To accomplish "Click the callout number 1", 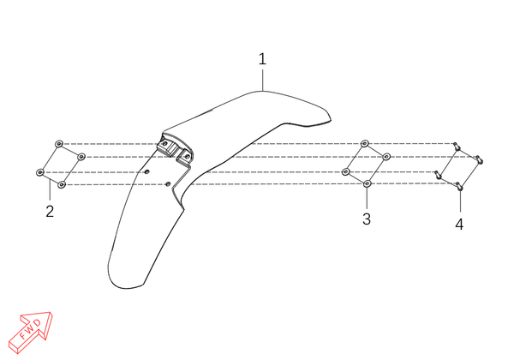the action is (262, 59).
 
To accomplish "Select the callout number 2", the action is (50, 212).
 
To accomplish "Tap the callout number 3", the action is (367, 219).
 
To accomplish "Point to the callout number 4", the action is (459, 225).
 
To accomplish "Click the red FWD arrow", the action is (31, 332).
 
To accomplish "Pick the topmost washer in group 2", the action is (59, 144).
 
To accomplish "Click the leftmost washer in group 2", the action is (40, 172).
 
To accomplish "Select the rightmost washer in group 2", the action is (81, 157).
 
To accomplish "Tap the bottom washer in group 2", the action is (62, 185).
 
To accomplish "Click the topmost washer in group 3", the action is (365, 143).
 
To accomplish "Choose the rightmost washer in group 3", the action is (386, 156).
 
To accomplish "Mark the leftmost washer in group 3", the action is (346, 171).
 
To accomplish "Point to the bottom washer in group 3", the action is (368, 183).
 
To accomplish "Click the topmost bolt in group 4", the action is (456, 146).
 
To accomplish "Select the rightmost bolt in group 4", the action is (479, 159).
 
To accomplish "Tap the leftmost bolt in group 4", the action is (438, 174).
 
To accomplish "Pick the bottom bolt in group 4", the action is (459, 186).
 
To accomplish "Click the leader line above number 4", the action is (460, 201).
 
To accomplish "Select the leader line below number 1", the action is (263, 80).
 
